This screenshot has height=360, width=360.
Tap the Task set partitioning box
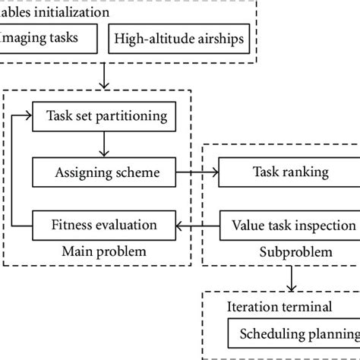106,117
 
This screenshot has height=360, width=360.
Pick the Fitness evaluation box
104,225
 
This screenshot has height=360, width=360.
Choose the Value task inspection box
289,225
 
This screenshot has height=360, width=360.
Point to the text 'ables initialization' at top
54,12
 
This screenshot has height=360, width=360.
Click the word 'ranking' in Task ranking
307,172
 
